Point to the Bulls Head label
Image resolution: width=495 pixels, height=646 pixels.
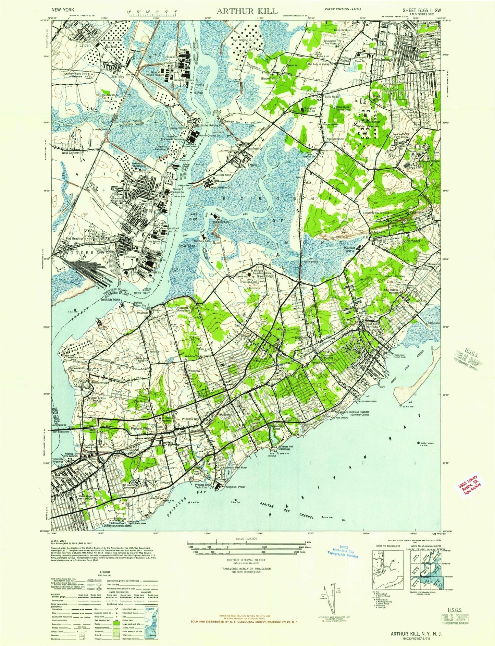pyautogui.click(x=331, y=97)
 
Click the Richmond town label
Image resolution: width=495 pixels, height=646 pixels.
pyautogui.click(x=411, y=241)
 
